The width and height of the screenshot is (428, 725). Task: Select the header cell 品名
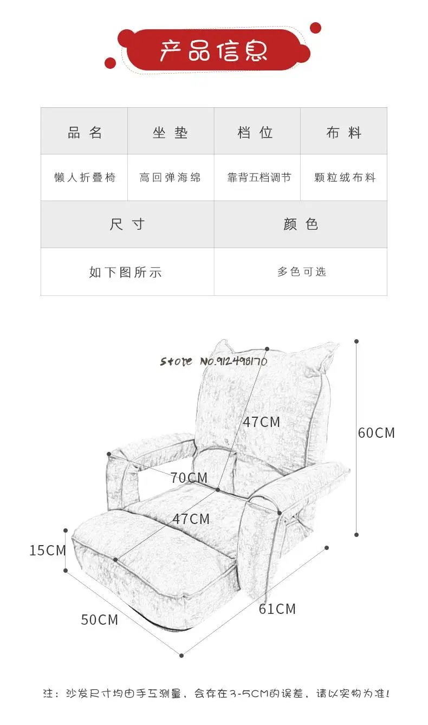(x=85, y=132)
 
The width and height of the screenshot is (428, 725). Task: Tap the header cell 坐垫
(x=170, y=132)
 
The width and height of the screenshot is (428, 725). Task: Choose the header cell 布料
(x=343, y=132)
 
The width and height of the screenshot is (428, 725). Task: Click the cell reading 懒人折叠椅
(x=85, y=177)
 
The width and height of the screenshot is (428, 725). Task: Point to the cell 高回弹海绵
(x=170, y=177)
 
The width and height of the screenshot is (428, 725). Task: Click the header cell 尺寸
(x=127, y=224)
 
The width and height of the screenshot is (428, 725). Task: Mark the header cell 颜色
(x=301, y=224)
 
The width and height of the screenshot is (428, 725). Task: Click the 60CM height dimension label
(x=377, y=432)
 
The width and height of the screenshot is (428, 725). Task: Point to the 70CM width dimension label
(x=189, y=477)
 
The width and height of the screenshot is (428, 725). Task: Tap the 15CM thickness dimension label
(x=48, y=551)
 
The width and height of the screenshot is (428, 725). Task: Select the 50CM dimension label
(x=100, y=619)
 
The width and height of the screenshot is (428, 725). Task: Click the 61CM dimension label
(x=277, y=609)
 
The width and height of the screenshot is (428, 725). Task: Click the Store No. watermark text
(x=213, y=361)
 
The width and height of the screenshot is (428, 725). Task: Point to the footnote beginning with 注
(x=216, y=694)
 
